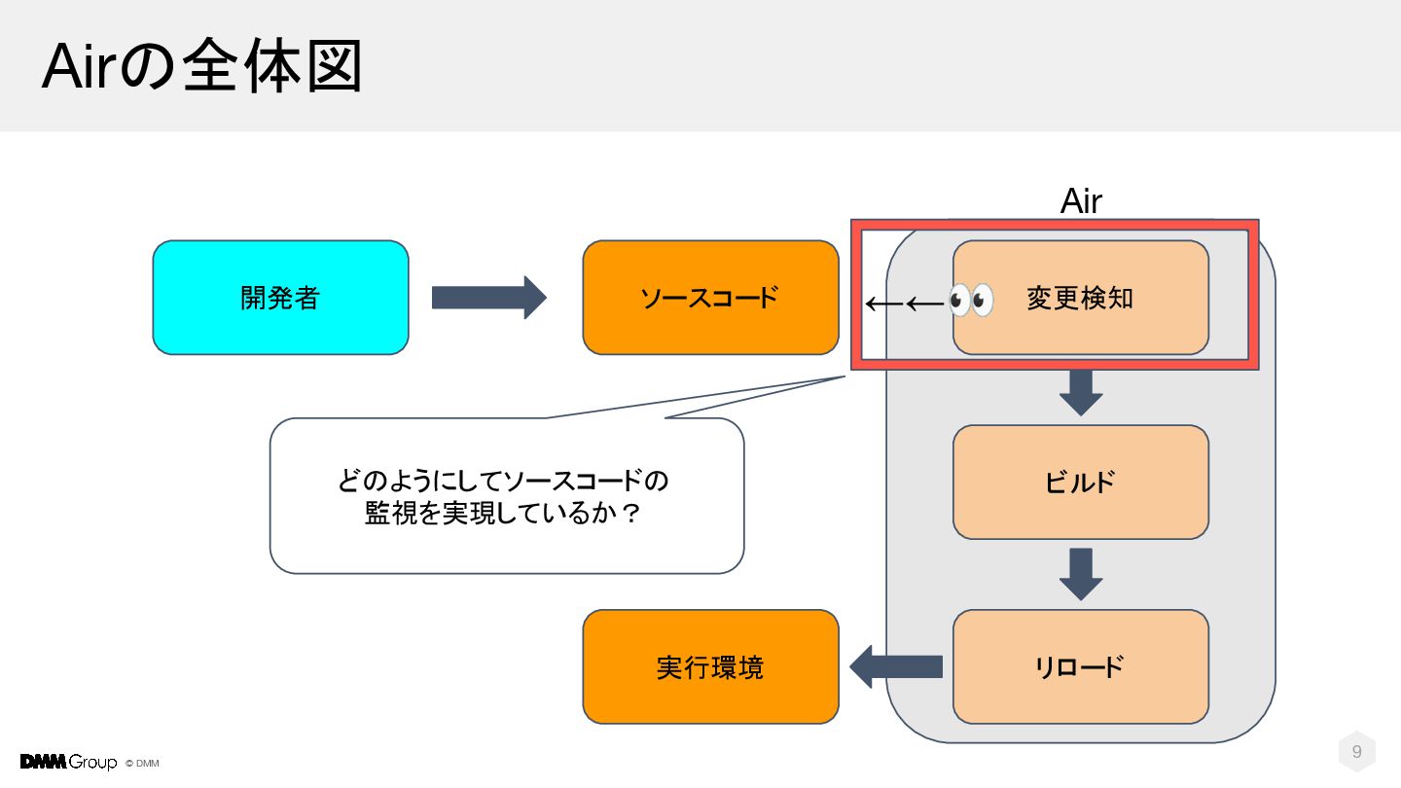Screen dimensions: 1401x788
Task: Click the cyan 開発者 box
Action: pyautogui.click(x=281, y=298)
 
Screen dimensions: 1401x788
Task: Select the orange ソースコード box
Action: pyautogui.click(x=710, y=298)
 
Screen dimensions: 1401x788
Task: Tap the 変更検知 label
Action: pyautogui.click(x=1080, y=298)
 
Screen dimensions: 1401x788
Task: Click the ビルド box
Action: pyautogui.click(x=1081, y=483)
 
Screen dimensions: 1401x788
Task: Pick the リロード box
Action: pyautogui.click(x=1081, y=666)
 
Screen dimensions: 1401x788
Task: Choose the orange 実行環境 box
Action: pyautogui.click(x=710, y=666)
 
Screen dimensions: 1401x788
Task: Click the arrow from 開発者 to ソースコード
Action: pyautogui.click(x=489, y=298)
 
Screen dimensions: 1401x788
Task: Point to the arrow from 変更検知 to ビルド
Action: pyautogui.click(x=1081, y=393)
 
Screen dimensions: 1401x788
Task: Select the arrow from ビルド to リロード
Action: pyautogui.click(x=1081, y=574)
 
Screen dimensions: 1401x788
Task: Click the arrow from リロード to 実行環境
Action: pyautogui.click(x=896, y=666)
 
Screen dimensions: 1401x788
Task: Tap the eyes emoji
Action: pyautogui.click(x=971, y=301)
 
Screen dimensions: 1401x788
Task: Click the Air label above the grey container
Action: pyautogui.click(x=1081, y=201)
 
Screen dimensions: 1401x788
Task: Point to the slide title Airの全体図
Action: pyautogui.click(x=202, y=66)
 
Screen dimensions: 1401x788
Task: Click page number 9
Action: pyautogui.click(x=1356, y=751)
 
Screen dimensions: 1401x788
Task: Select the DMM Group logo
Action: pyautogui.click(x=68, y=762)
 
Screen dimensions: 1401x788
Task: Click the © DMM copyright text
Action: pyautogui.click(x=142, y=764)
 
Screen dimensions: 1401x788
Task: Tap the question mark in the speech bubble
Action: pyautogui.click(x=631, y=514)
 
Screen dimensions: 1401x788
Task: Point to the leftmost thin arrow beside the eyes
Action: pyautogui.click(x=884, y=304)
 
